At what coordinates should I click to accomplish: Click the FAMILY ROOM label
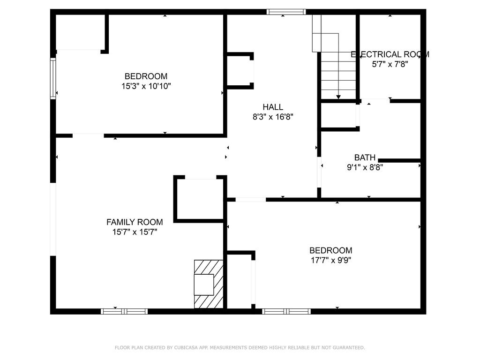(x=135, y=222)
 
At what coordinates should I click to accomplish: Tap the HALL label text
(x=272, y=107)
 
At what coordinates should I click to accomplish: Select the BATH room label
(x=364, y=157)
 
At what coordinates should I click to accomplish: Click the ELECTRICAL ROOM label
(x=390, y=54)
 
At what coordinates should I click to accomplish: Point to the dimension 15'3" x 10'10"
(x=146, y=86)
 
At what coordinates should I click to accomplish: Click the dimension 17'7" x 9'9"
(x=330, y=260)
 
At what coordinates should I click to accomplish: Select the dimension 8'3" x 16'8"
(x=273, y=117)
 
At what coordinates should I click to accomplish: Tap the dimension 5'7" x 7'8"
(x=390, y=65)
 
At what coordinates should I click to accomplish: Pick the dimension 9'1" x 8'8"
(x=365, y=167)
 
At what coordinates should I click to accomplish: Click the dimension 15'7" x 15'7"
(x=135, y=232)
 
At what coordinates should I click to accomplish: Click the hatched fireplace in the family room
(x=209, y=284)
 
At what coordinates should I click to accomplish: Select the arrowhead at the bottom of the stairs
(x=338, y=97)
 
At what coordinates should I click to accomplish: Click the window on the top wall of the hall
(x=286, y=12)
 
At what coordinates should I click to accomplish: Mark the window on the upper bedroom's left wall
(x=53, y=79)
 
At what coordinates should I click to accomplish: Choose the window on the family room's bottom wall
(x=124, y=311)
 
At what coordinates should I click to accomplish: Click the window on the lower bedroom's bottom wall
(x=286, y=311)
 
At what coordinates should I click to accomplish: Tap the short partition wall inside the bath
(x=399, y=160)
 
